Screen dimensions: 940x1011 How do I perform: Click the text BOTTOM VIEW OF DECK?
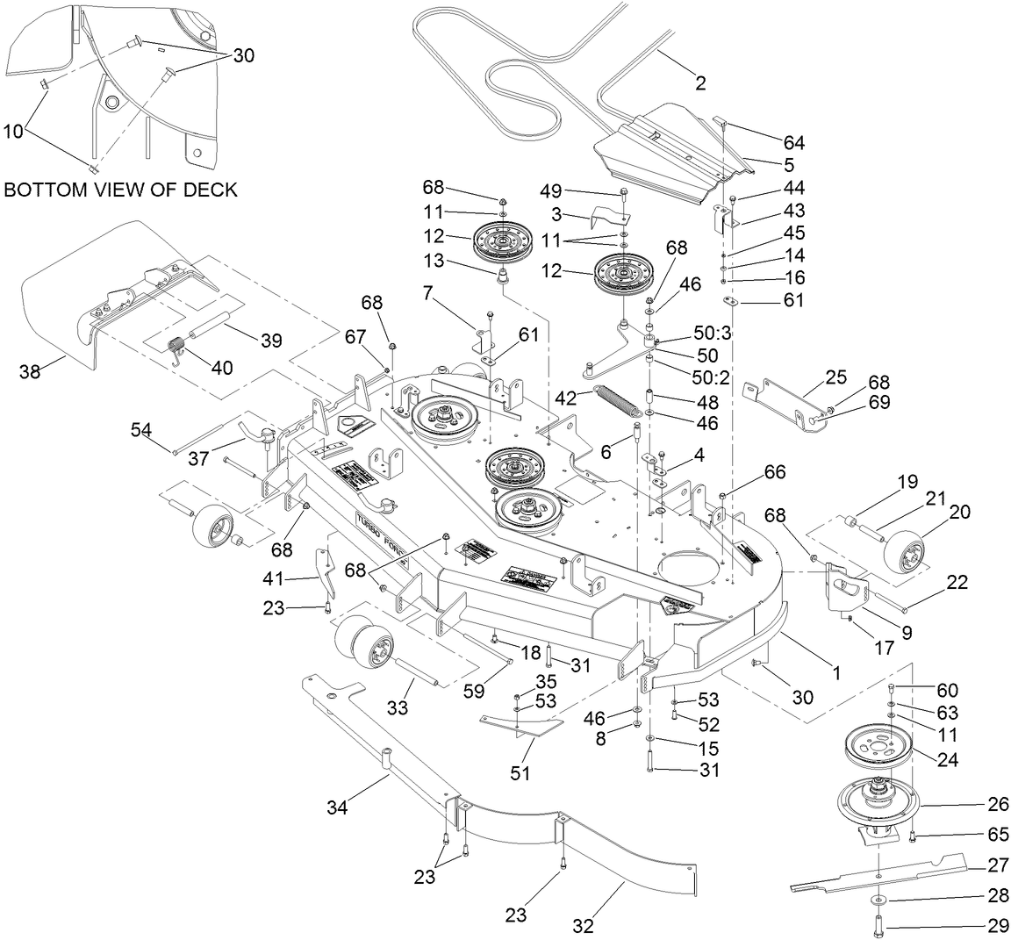click(x=120, y=190)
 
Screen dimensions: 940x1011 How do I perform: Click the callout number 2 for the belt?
click(x=699, y=83)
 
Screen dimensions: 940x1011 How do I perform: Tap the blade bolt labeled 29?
click(x=879, y=924)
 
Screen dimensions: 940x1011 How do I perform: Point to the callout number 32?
click(x=583, y=925)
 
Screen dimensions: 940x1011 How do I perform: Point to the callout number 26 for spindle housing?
click(x=999, y=804)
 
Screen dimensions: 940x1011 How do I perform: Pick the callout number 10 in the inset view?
click(x=13, y=131)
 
